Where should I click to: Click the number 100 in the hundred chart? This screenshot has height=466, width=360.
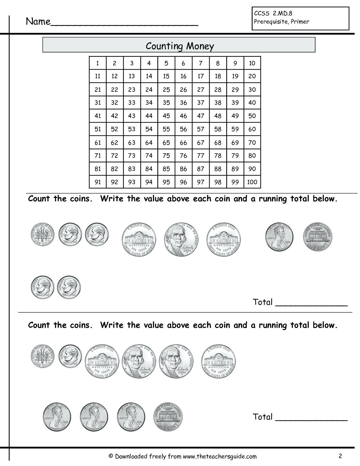pyautogui.click(x=252, y=182)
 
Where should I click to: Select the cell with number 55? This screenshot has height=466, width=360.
pyautogui.click(x=166, y=129)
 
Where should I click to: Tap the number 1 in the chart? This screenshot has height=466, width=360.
pyautogui.click(x=97, y=63)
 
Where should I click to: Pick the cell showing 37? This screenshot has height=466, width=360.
pyautogui.click(x=201, y=103)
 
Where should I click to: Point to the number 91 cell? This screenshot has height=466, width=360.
pyautogui.click(x=98, y=182)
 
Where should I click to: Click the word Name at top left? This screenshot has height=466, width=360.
pyautogui.click(x=38, y=21)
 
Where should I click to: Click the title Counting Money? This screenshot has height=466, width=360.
pyautogui.click(x=180, y=46)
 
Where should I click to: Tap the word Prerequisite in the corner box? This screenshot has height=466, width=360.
pyautogui.click(x=269, y=21)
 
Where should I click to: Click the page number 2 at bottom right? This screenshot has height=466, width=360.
pyautogui.click(x=340, y=456)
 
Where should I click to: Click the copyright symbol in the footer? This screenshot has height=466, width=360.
pyautogui.click(x=111, y=456)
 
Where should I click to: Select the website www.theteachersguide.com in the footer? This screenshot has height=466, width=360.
pyautogui.click(x=220, y=456)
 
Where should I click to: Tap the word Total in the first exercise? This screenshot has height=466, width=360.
pyautogui.click(x=263, y=302)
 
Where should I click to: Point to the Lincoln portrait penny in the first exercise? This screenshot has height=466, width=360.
pyautogui.click(x=279, y=236)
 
